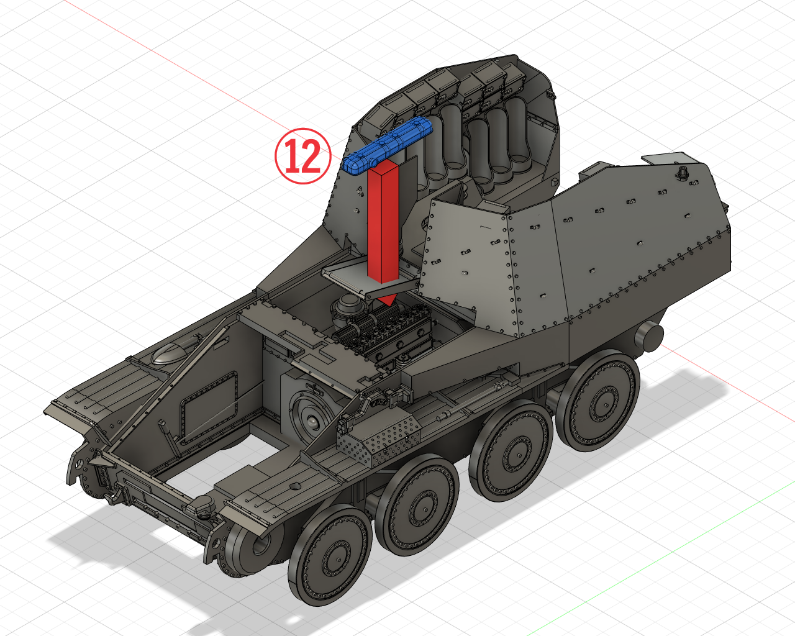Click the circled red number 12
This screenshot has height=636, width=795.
(x=303, y=156)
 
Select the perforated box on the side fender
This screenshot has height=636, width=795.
(x=381, y=439)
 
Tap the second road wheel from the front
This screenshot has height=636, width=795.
(x=417, y=506)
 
